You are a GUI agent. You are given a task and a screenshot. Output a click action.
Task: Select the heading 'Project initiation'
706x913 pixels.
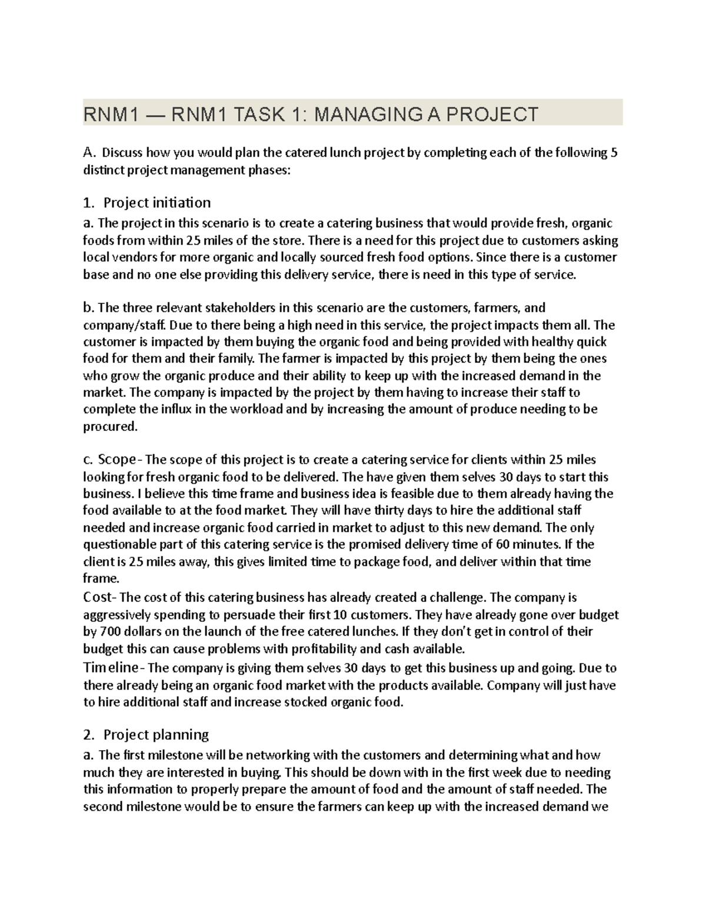tap(156, 203)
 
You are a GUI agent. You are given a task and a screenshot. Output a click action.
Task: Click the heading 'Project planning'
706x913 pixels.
tap(156, 734)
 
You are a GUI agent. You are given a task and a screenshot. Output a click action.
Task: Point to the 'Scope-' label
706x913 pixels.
tap(120, 459)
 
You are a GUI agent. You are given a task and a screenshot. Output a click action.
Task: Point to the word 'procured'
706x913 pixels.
tap(109, 427)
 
